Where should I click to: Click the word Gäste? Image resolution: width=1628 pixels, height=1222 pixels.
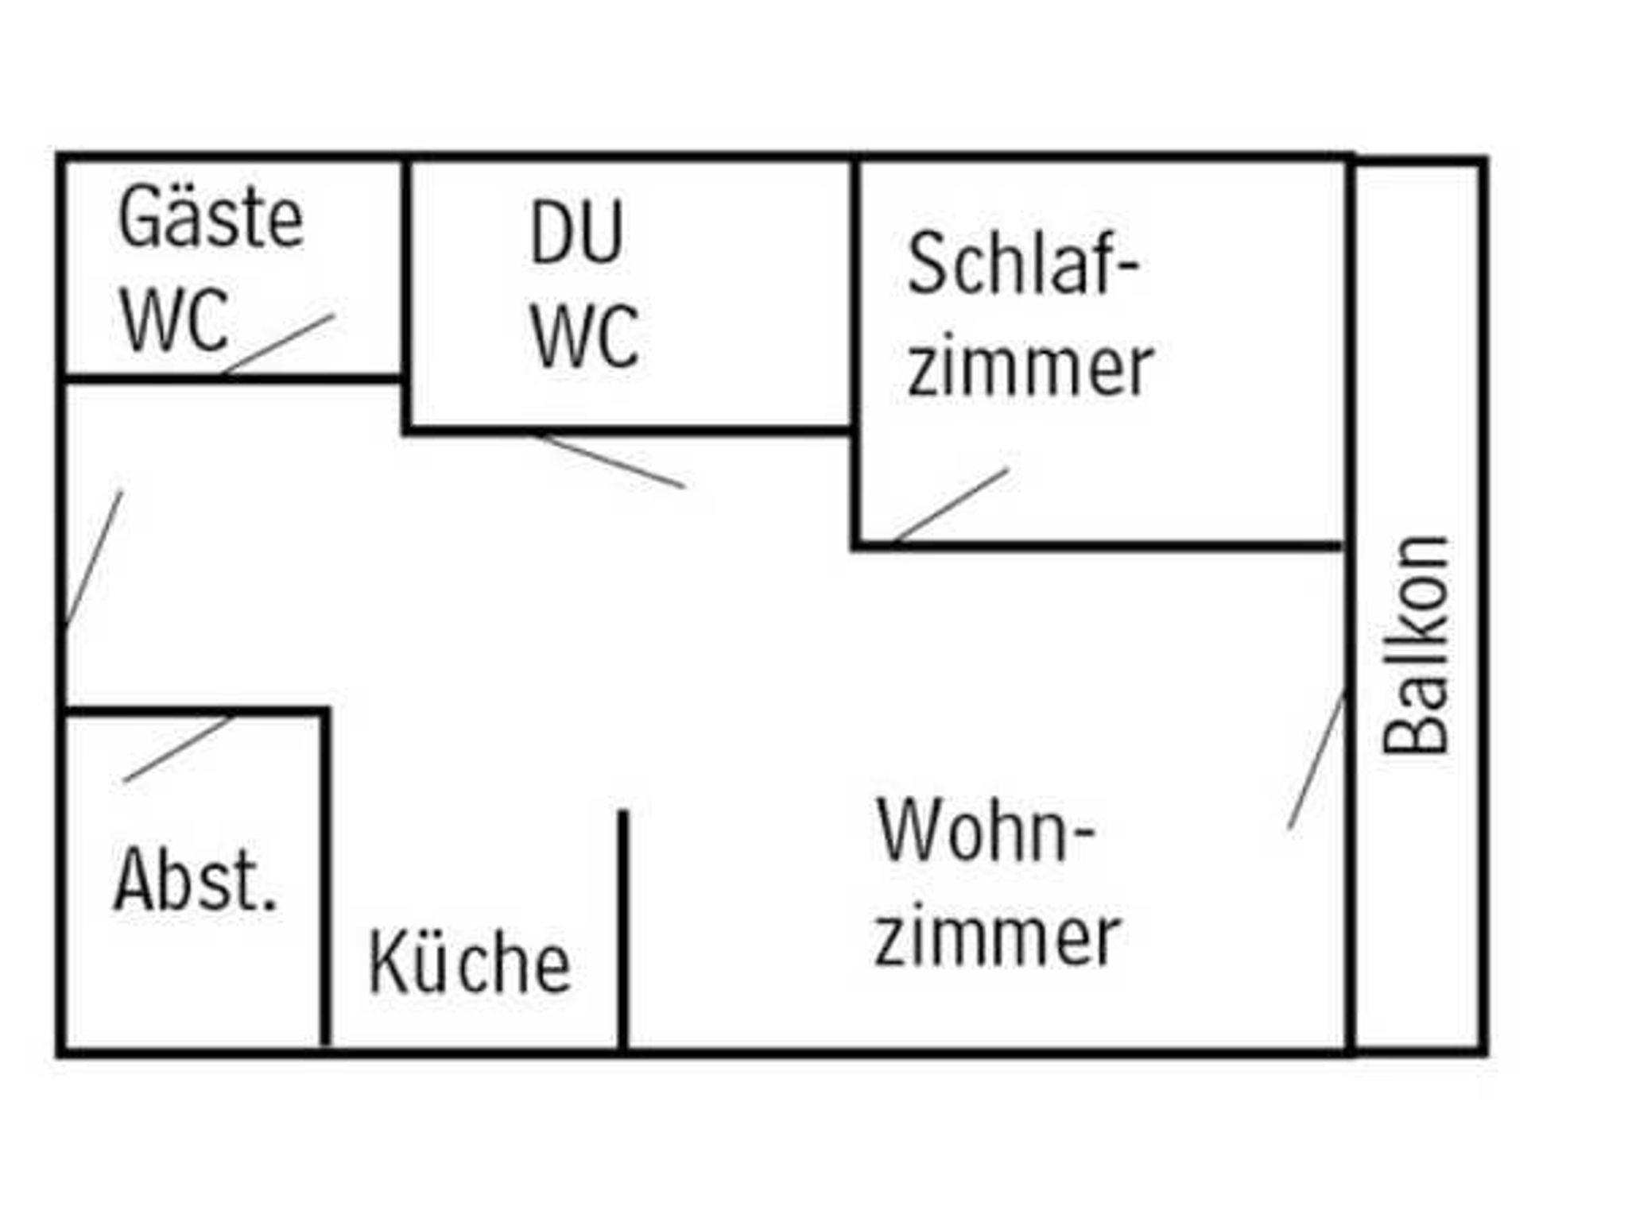pyautogui.click(x=211, y=217)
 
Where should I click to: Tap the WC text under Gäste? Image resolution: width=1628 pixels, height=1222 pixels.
pyautogui.click(x=175, y=321)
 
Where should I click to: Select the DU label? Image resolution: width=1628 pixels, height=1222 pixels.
pyautogui.click(x=576, y=233)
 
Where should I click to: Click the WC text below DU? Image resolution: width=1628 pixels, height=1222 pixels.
pyautogui.click(x=584, y=337)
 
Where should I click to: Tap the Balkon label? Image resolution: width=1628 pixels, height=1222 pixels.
pyautogui.click(x=1416, y=645)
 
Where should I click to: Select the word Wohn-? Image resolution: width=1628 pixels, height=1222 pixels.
pyautogui.click(x=986, y=830)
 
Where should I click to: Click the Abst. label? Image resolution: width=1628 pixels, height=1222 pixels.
pyautogui.click(x=196, y=880)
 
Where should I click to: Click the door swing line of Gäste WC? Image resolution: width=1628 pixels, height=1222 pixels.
pyautogui.click(x=279, y=343)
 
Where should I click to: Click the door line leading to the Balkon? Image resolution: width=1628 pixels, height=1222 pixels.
pyautogui.click(x=1316, y=760)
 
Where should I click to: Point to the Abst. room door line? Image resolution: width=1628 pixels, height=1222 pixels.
pyautogui.click(x=176, y=750)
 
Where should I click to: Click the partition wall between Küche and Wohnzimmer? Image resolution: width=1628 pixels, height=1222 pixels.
pyautogui.click(x=623, y=930)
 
